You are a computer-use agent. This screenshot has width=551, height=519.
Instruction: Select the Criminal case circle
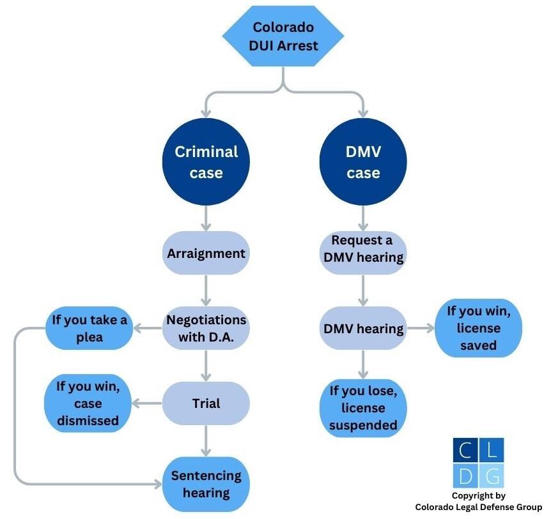206,162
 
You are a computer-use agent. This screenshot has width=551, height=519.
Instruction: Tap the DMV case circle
363,162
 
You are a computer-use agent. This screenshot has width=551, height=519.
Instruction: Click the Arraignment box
206,253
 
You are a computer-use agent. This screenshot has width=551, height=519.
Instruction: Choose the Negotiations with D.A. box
206,328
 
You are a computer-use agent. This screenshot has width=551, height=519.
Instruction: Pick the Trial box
206,403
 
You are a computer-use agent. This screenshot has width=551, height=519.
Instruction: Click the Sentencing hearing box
206,484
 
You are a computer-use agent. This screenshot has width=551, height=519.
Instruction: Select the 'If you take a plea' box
89,328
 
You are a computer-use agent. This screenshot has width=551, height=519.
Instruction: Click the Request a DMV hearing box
363,249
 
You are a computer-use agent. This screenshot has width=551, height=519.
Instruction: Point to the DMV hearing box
363,329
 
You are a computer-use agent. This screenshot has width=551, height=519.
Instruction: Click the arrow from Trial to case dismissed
147,403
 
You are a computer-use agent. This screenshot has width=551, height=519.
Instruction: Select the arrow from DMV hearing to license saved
421,329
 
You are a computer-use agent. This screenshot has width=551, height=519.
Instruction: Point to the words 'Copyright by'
478,495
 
